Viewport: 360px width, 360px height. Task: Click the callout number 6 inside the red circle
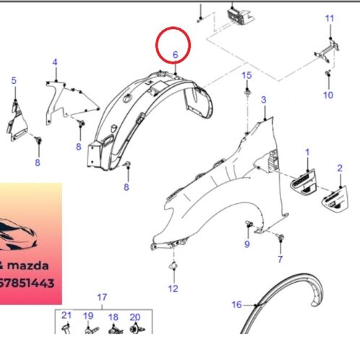pos(176,55)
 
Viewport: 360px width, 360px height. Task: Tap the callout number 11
pos(330,18)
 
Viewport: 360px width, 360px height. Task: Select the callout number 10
pos(328,95)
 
